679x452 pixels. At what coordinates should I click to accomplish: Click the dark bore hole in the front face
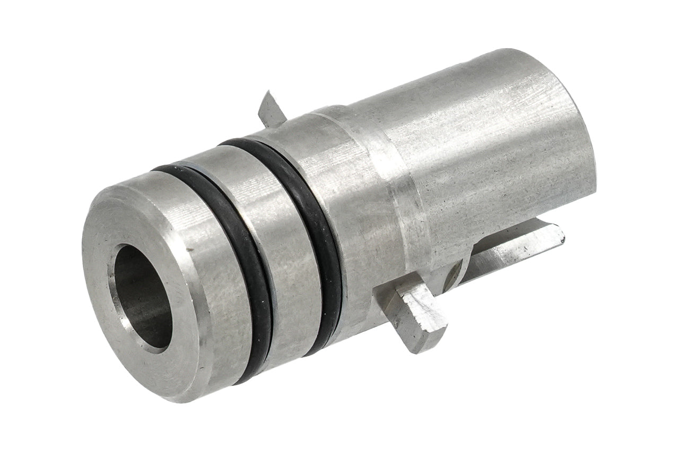(142, 297)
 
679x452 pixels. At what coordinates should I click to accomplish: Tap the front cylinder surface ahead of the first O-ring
(212, 276)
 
